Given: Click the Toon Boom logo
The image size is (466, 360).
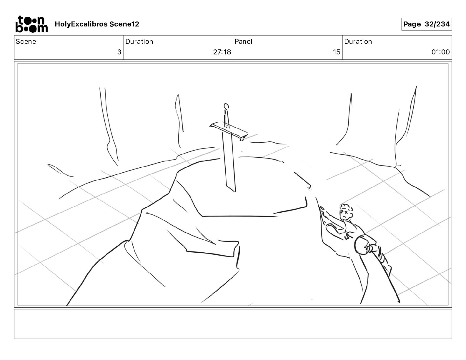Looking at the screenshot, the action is coord(31,24).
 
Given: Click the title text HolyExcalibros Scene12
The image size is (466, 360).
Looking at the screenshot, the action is coord(97,24).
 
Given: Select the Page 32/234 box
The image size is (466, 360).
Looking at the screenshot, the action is coord(426,24).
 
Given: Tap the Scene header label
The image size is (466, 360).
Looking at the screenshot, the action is coord(26,41).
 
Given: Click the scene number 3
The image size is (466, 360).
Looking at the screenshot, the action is coord(119,52).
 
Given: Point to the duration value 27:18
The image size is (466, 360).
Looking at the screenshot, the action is coord(222,52).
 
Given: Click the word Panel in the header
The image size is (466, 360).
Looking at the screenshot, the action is coord(243,41).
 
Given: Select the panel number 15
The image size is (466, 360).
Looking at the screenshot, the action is coord(336,52).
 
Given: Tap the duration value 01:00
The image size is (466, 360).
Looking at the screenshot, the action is coord(440,52).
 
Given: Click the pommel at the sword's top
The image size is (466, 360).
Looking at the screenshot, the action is coord(226,106).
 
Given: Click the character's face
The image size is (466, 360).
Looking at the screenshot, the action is coord(345,213).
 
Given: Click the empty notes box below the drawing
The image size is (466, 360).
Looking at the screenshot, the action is coord(233,324).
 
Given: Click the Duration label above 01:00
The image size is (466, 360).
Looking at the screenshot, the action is coord(358,41).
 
